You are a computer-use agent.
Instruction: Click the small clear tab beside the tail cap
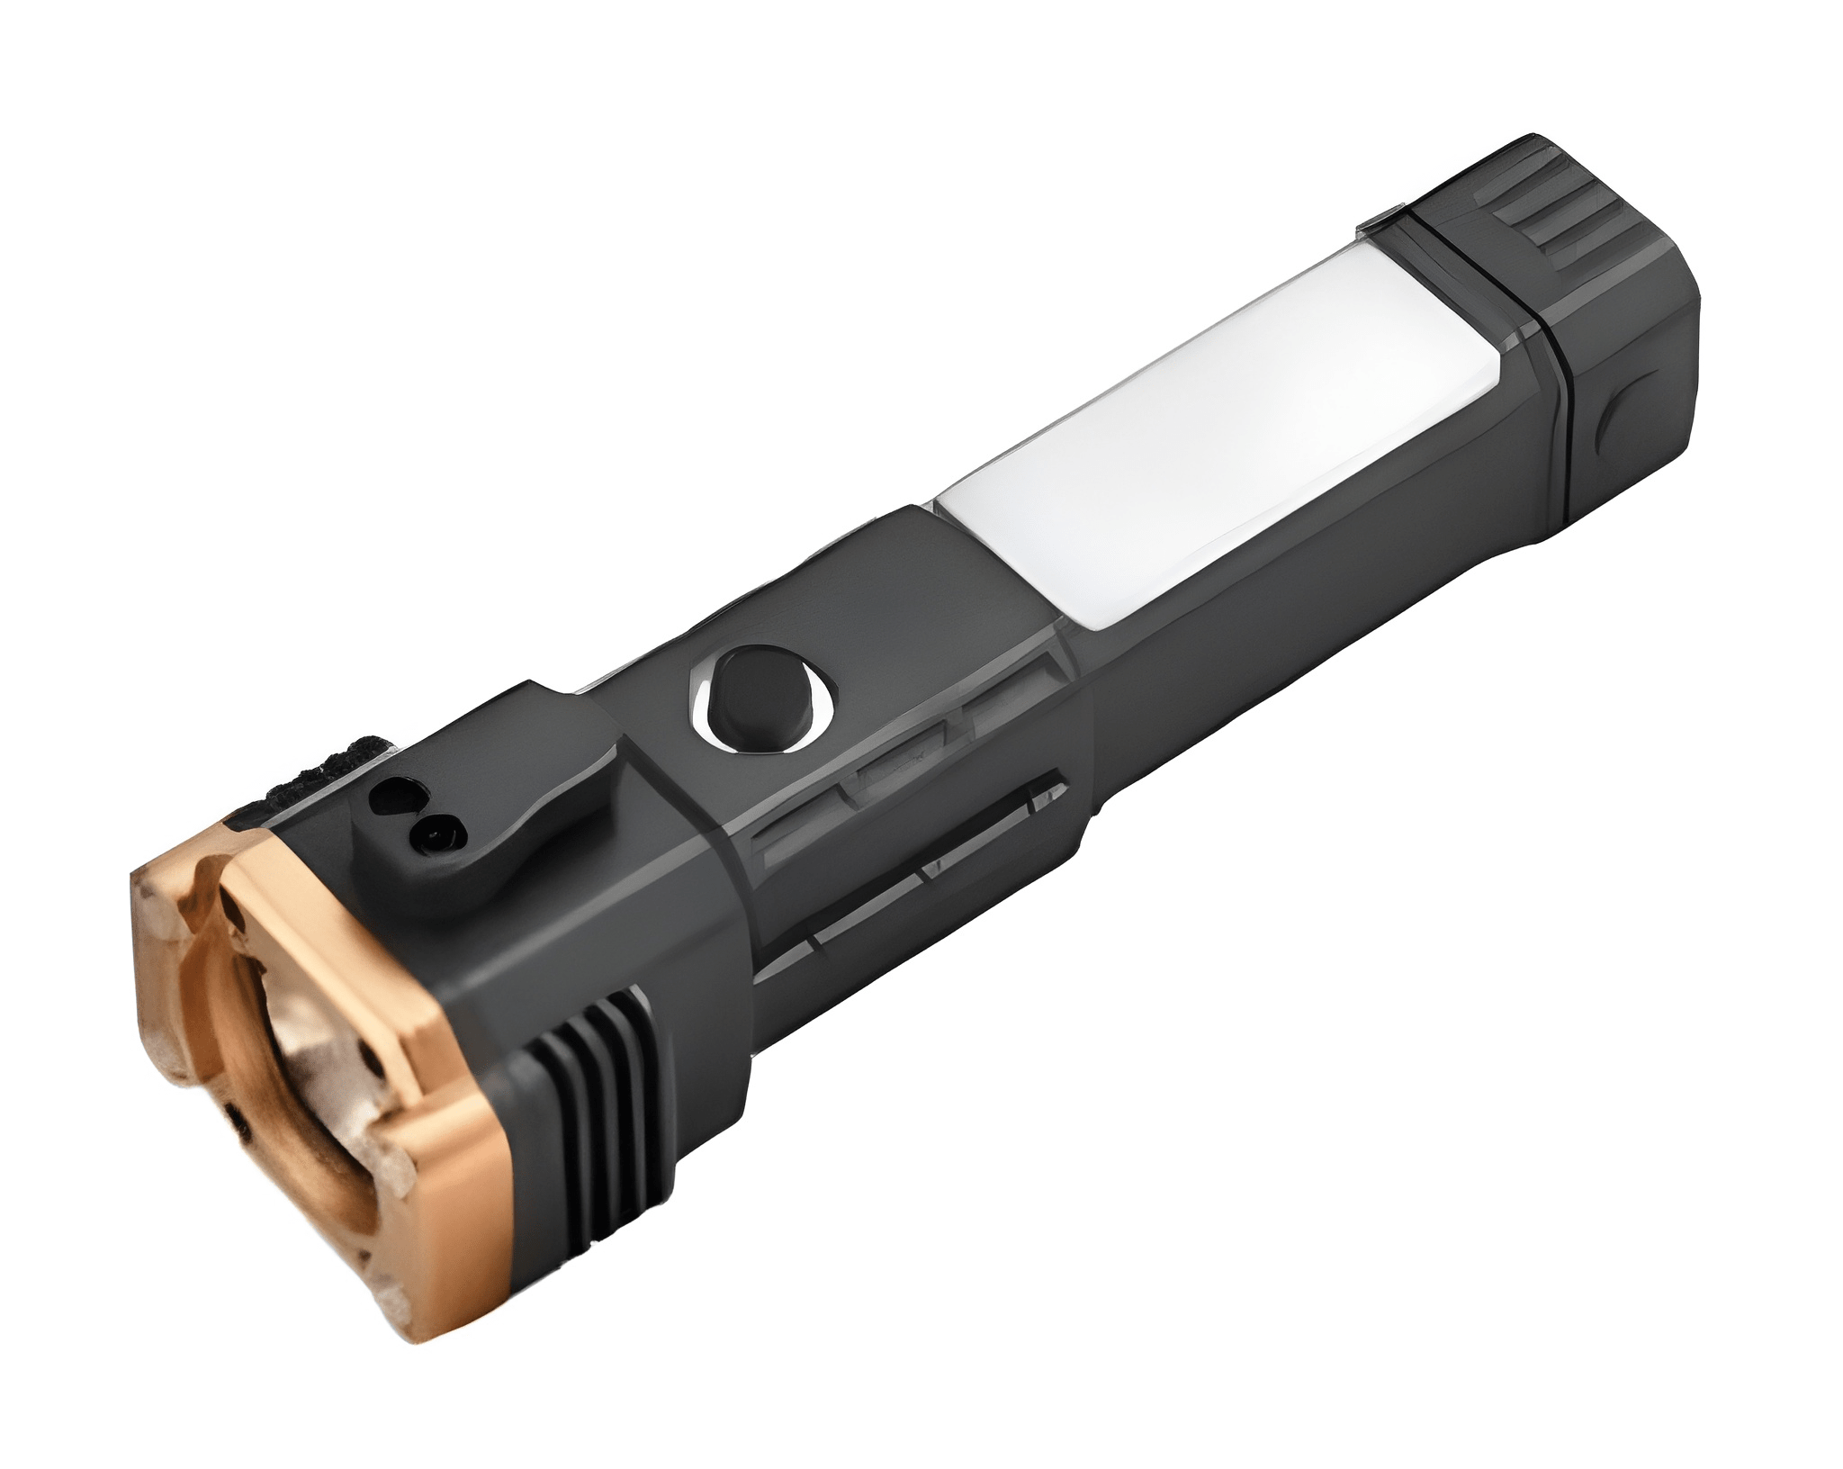[x=1381, y=219]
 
